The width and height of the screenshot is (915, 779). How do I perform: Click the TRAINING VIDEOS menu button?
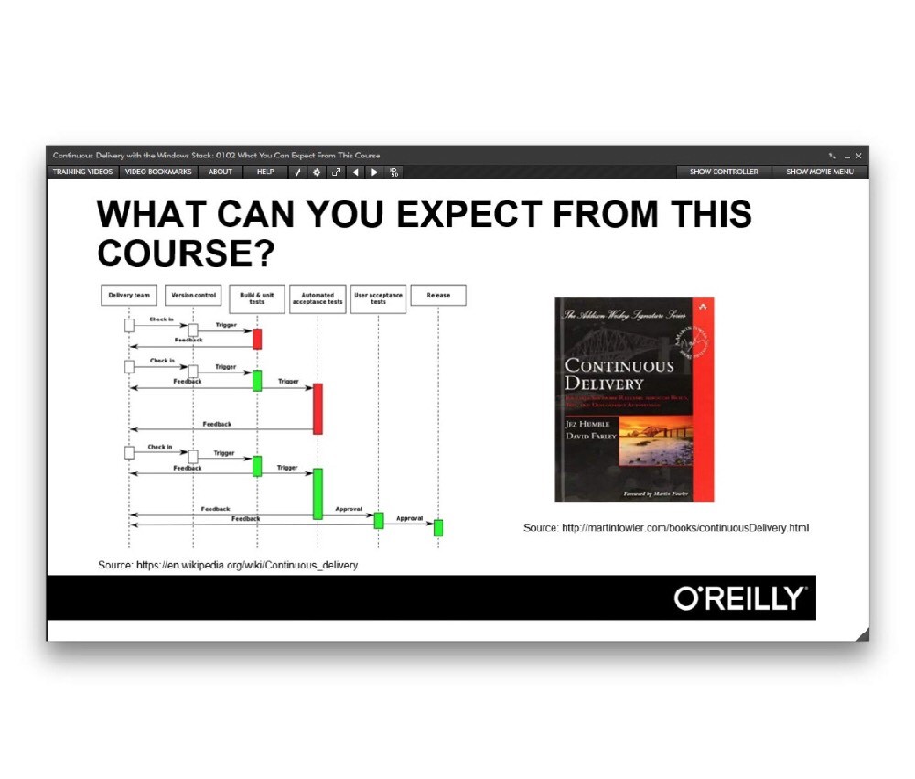click(82, 171)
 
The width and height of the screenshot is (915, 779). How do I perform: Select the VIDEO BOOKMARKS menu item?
click(158, 171)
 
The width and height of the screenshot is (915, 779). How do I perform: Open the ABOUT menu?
click(220, 171)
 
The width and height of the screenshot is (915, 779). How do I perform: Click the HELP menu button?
click(265, 171)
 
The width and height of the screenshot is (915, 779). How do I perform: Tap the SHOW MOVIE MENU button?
click(820, 171)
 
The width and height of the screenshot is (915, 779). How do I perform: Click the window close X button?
click(858, 156)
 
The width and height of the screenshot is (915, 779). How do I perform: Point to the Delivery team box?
click(129, 295)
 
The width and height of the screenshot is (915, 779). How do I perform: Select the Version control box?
click(193, 295)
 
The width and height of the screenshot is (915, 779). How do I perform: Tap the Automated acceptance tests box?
click(318, 298)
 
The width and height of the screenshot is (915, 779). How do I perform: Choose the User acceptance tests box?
click(378, 298)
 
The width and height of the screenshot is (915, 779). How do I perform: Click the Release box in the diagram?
click(437, 295)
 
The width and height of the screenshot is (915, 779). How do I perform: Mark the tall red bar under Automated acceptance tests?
click(318, 408)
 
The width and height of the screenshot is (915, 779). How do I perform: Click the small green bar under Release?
click(438, 527)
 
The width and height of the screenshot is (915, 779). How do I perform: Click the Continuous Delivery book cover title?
click(606, 374)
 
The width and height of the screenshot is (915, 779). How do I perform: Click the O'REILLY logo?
click(739, 599)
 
